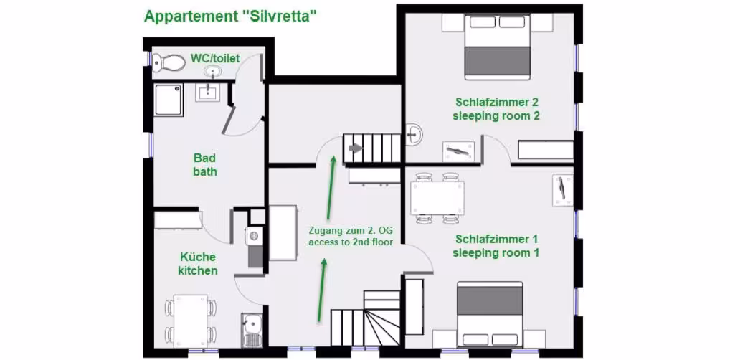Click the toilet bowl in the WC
click(x=169, y=62)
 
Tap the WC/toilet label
click(x=215, y=58)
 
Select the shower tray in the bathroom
click(x=169, y=100)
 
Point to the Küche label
click(x=198, y=257)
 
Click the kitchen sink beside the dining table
click(x=252, y=328)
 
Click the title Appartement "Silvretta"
click(x=231, y=16)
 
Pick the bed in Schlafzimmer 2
click(x=498, y=46)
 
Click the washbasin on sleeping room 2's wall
click(x=414, y=134)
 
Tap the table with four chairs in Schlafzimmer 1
click(x=437, y=198)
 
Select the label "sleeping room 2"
click(x=496, y=116)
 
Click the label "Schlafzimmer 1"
click(x=497, y=240)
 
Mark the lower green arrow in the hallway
click(x=321, y=290)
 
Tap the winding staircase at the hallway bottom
click(x=366, y=318)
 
